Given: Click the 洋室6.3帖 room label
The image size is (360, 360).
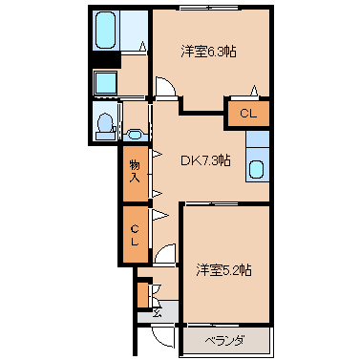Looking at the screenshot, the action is (208, 52).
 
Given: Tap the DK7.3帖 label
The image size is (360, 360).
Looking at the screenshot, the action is (205, 160).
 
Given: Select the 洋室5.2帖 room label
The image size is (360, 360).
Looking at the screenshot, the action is (223, 270).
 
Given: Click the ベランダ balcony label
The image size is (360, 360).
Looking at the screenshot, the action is (224, 341).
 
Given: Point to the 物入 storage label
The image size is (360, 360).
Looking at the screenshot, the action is (135, 172).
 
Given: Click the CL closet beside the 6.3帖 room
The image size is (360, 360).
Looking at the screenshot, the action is (248, 114).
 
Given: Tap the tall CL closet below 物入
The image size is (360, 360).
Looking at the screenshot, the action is (136, 235).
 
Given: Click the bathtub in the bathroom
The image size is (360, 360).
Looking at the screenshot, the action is (105, 31).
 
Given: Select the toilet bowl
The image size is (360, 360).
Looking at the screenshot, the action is (105, 123).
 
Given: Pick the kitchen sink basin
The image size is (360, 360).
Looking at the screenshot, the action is (256, 169).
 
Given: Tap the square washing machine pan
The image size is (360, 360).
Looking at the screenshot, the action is (106, 82).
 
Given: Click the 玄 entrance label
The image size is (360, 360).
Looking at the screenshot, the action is (158, 312).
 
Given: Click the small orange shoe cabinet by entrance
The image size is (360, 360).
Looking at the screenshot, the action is (143, 295).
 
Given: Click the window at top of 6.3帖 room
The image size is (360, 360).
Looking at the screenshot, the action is (209, 7).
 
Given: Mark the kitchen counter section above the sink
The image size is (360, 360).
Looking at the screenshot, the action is (258, 139).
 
